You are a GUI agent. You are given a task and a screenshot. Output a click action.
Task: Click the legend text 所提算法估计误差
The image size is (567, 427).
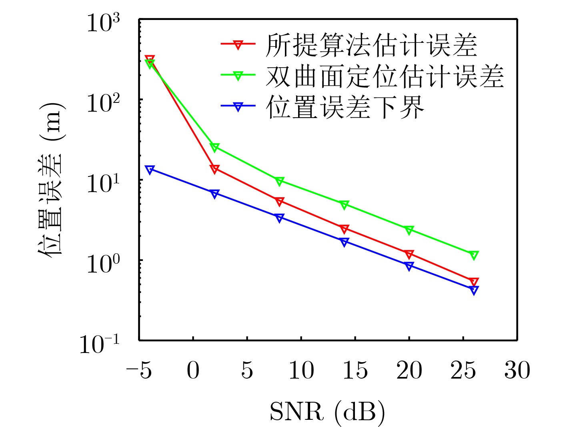(371, 45)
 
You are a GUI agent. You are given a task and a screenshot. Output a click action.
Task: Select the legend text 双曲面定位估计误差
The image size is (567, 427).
(384, 76)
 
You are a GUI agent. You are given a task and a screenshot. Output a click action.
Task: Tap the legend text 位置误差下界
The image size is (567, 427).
(345, 107)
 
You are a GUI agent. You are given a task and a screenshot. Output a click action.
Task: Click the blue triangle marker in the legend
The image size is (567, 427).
(238, 107)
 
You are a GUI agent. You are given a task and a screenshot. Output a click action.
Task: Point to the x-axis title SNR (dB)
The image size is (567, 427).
(327, 411)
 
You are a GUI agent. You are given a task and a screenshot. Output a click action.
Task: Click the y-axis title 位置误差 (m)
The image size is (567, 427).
(51, 180)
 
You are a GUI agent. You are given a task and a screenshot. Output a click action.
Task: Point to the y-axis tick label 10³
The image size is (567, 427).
(103, 23)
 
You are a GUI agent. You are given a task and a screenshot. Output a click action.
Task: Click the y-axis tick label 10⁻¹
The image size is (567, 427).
(99, 344)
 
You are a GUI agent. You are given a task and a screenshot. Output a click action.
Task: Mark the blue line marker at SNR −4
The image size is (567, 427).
(150, 170)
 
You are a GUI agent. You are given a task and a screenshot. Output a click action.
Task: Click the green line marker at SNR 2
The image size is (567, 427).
(214, 148)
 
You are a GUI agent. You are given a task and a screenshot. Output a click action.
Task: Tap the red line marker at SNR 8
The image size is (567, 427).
(279, 201)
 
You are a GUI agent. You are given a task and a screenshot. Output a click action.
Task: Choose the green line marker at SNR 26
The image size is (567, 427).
(474, 255)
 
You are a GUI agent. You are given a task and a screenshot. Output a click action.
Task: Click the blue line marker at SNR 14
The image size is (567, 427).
(344, 242)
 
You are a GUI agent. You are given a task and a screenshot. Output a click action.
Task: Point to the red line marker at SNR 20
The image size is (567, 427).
(409, 255)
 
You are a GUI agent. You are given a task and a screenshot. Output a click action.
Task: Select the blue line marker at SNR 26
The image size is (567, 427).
(474, 290)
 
